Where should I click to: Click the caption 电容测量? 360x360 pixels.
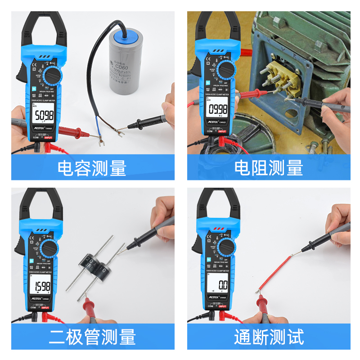(x=92, y=168)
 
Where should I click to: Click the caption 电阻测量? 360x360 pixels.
(x=269, y=168)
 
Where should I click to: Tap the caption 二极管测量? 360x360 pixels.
(x=92, y=337)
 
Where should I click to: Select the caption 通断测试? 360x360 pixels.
(x=269, y=337)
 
